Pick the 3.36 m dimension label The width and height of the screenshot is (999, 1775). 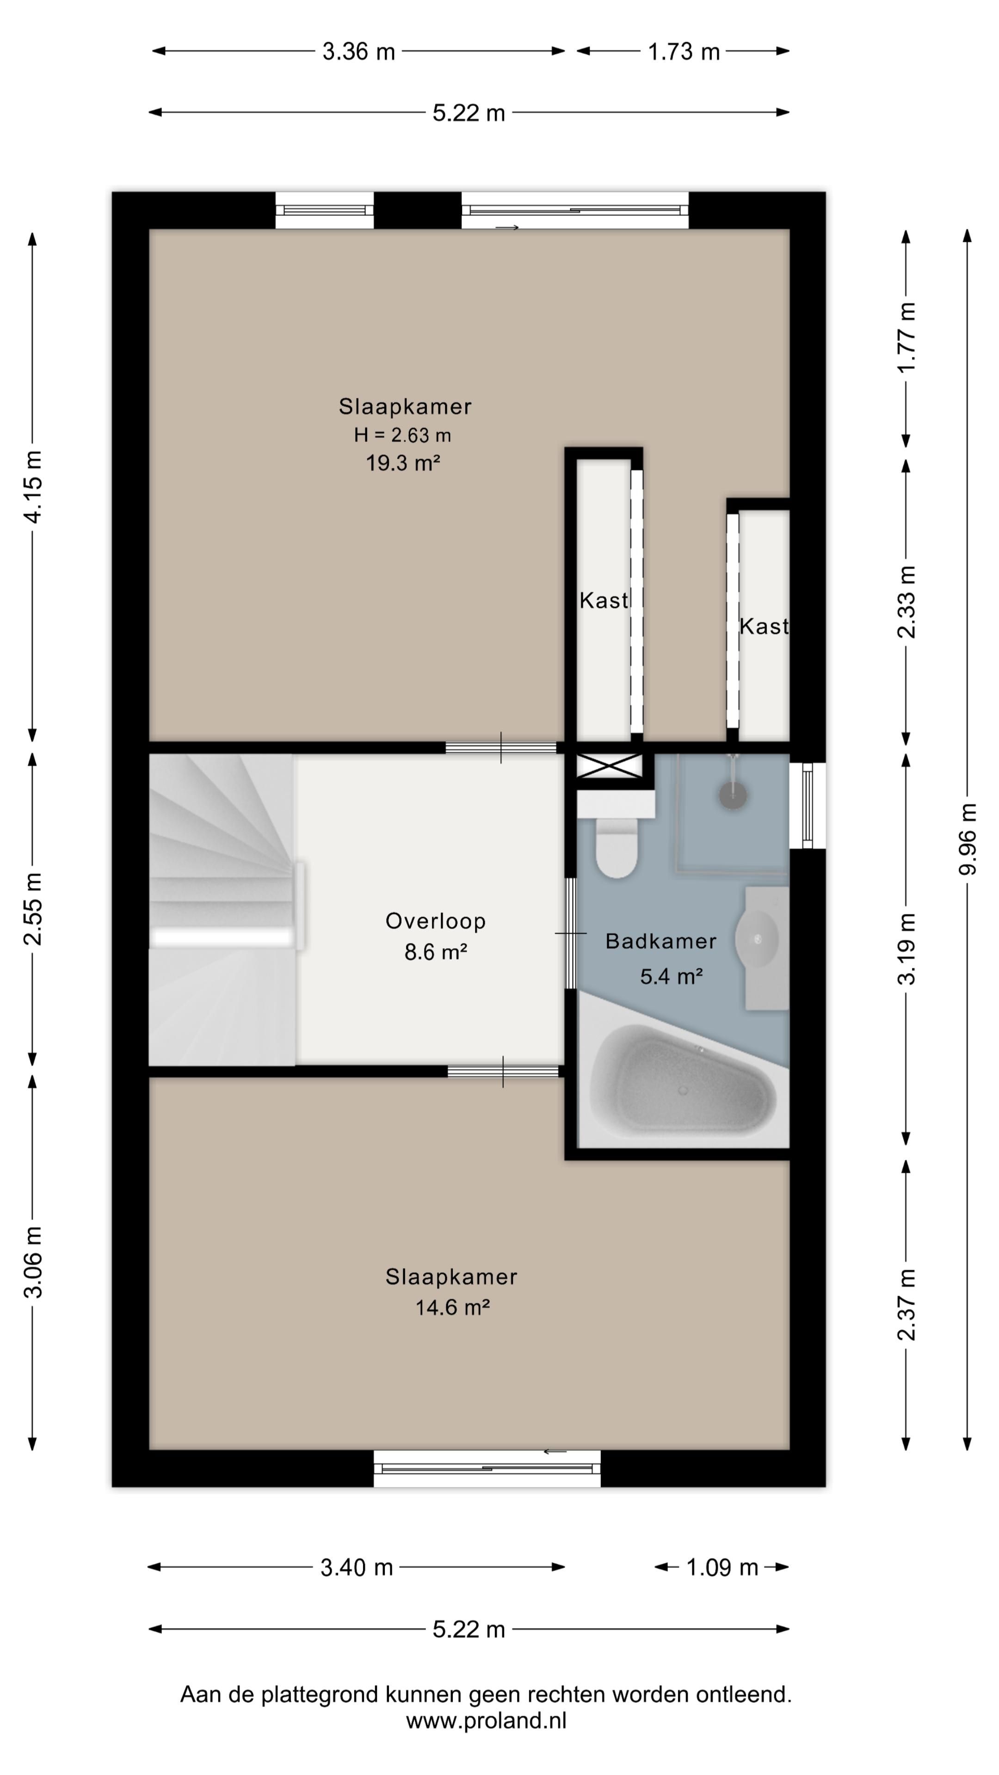click(358, 52)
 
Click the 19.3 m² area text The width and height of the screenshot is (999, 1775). click(403, 462)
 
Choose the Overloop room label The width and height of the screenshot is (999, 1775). click(436, 921)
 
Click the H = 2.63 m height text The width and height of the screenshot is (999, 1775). click(403, 435)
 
